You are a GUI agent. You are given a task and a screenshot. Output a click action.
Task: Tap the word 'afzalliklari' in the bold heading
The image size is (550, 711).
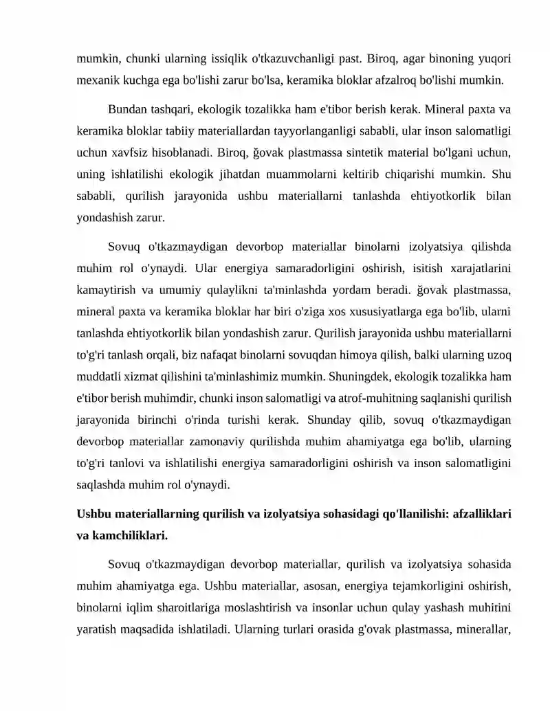point(477,514)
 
